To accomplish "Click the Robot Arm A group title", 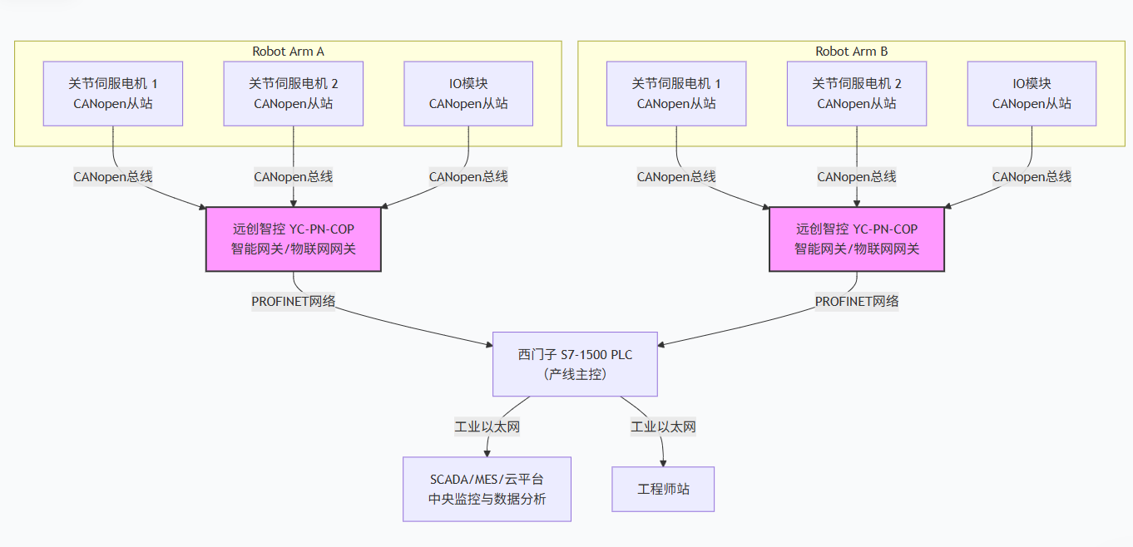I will click(288, 52).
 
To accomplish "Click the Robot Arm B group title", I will click(851, 52).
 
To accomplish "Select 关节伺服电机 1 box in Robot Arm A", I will click(112, 93).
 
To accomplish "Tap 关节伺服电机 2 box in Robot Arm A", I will click(294, 93).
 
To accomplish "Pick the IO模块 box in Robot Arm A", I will click(468, 93).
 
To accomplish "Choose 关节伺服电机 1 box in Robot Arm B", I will click(676, 93).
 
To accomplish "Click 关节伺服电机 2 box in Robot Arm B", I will click(857, 93).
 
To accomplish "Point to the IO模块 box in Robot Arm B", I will click(1032, 93).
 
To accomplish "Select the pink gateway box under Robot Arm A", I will click(294, 239).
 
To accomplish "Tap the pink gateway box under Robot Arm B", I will click(857, 239).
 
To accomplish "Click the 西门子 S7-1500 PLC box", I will click(575, 364).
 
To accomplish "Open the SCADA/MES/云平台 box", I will click(487, 489).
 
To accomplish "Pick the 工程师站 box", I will click(663, 489).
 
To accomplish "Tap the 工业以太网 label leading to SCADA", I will click(487, 427).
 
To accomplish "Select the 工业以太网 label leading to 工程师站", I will click(663, 427).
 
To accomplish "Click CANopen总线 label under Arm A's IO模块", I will click(468, 176).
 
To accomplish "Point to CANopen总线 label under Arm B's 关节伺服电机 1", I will click(676, 176).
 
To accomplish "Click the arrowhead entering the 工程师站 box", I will click(663, 462).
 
